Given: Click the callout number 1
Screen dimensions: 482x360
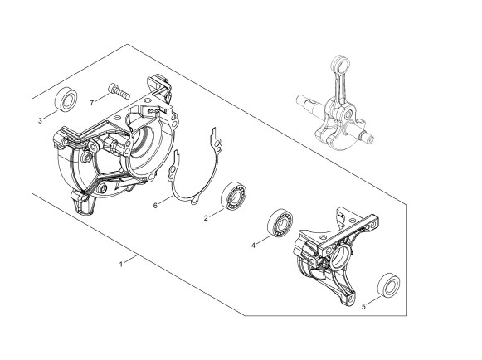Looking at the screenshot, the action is tap(121, 264).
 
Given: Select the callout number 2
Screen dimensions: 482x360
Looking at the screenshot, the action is tap(206, 218).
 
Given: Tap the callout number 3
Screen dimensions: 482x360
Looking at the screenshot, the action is tap(40, 121).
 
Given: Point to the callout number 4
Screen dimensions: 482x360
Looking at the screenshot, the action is tap(253, 246).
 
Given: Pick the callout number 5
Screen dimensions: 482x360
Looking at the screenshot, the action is tap(364, 307).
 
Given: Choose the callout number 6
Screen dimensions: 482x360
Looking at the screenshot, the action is tap(155, 206).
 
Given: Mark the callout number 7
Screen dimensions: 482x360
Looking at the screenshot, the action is tap(91, 103).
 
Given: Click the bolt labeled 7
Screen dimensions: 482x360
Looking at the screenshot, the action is tap(119, 91).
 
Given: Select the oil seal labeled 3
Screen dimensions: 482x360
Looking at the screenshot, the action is tap(66, 100).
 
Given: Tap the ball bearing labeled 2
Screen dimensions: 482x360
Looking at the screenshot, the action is tap(234, 196).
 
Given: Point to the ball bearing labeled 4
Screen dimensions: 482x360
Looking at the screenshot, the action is tap(280, 223).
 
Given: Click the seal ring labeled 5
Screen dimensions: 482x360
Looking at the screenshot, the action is tap(388, 285).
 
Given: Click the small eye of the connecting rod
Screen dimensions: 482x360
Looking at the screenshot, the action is tap(341, 64).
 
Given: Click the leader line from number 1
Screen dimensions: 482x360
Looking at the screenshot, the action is tap(131, 259).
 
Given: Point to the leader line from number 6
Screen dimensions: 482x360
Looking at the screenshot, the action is tap(166, 200).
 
